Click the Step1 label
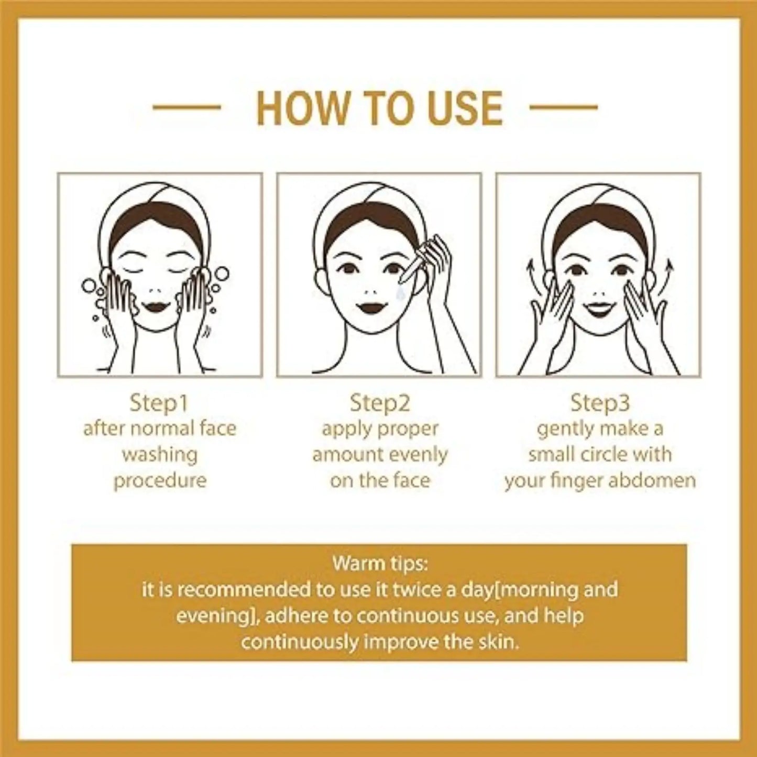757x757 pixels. click(159, 403)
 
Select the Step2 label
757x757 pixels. click(380, 403)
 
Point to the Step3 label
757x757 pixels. click(600, 403)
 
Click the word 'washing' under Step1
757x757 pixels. click(159, 455)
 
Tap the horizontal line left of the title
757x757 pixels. click(186, 107)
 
